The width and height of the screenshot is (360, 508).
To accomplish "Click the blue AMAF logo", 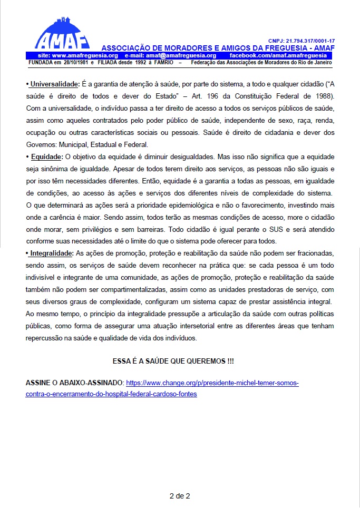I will tap(62, 33).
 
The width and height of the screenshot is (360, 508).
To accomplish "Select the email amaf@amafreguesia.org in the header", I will tap(181, 55).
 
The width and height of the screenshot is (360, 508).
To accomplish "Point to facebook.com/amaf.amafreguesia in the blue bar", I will tap(286, 55).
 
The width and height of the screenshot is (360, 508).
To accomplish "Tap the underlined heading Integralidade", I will tap(49, 253).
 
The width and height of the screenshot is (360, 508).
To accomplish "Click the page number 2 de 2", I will tap(180, 496).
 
